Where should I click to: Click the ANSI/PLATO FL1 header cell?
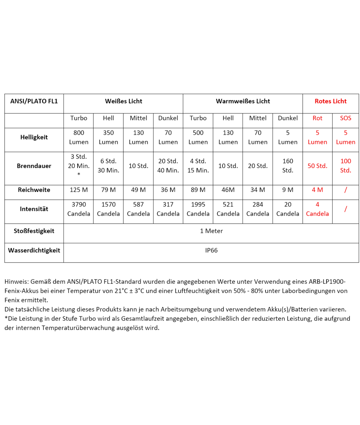pyautogui.click(x=34, y=101)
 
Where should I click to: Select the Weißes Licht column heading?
pyautogui.click(x=123, y=101)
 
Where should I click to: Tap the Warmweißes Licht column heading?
pyautogui.click(x=243, y=101)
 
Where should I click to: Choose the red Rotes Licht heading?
pyautogui.click(x=331, y=101)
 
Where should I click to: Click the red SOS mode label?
pyautogui.click(x=346, y=118)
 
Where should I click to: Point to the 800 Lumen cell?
pyautogui.click(x=79, y=137)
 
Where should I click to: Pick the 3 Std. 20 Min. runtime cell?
pyautogui.click(x=79, y=166)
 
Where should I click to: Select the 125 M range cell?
pyautogui.click(x=79, y=190)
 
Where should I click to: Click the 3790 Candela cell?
pyautogui.click(x=79, y=209)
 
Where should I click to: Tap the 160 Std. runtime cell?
pyautogui.click(x=288, y=166)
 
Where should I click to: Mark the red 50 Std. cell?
pyautogui.click(x=317, y=166)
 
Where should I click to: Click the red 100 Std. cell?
pyautogui.click(x=346, y=166)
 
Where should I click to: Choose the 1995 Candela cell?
pyautogui.click(x=198, y=209)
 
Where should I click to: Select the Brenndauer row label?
pyautogui.click(x=34, y=166)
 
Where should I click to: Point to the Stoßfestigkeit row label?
pyautogui.click(x=34, y=231)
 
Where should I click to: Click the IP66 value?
pyautogui.click(x=211, y=250)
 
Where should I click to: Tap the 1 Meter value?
pyautogui.click(x=211, y=231)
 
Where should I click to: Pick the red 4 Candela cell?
pyautogui.click(x=317, y=209)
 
